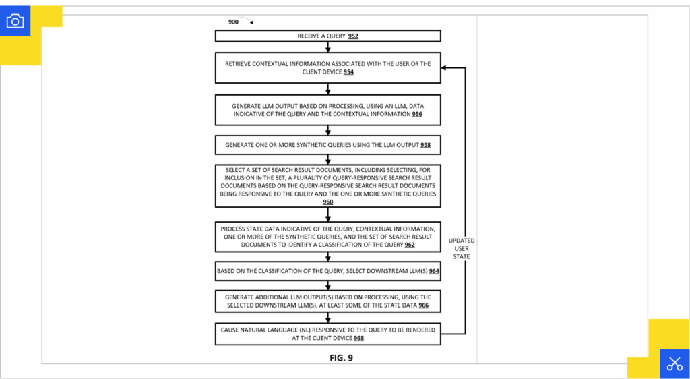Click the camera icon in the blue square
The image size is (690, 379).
tap(15, 21)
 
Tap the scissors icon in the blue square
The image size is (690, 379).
tap(674, 363)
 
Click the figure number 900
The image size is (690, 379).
tap(233, 22)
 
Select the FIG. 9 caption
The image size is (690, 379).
tap(341, 358)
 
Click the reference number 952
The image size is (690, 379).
tap(358, 36)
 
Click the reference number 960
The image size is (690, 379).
tap(327, 202)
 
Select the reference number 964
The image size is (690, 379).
tap(434, 271)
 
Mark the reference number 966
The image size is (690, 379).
tap(423, 306)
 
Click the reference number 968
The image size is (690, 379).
tap(358, 339)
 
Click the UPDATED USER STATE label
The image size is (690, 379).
tap(462, 248)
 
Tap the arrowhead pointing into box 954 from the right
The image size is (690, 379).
tap(445, 68)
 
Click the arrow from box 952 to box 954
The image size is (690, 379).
tap(328, 47)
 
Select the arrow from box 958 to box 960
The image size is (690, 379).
tap(328, 159)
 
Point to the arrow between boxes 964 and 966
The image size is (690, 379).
tap(328, 285)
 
